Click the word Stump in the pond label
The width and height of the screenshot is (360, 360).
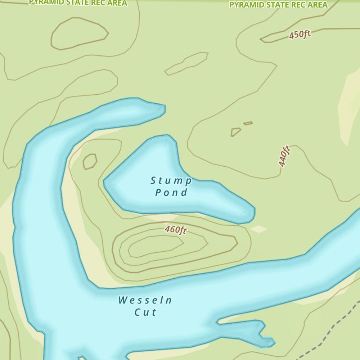point(171,180)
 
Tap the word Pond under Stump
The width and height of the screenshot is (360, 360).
point(171,193)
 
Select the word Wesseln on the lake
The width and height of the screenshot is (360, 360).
point(145,300)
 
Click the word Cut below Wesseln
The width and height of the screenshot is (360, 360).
point(146,312)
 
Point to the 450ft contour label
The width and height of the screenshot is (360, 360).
point(300,35)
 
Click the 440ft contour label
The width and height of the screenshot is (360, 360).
point(284,156)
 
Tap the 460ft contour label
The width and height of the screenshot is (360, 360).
point(176,229)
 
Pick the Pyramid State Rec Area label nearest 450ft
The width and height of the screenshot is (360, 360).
point(278,5)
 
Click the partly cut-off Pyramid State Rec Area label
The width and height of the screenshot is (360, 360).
point(78,3)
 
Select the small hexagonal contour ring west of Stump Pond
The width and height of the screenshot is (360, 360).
point(90,161)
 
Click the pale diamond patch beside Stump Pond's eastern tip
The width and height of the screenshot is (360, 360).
point(259,229)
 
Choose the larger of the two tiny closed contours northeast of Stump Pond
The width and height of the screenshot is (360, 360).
point(235,132)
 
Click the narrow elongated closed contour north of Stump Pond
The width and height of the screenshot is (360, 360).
point(186,63)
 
